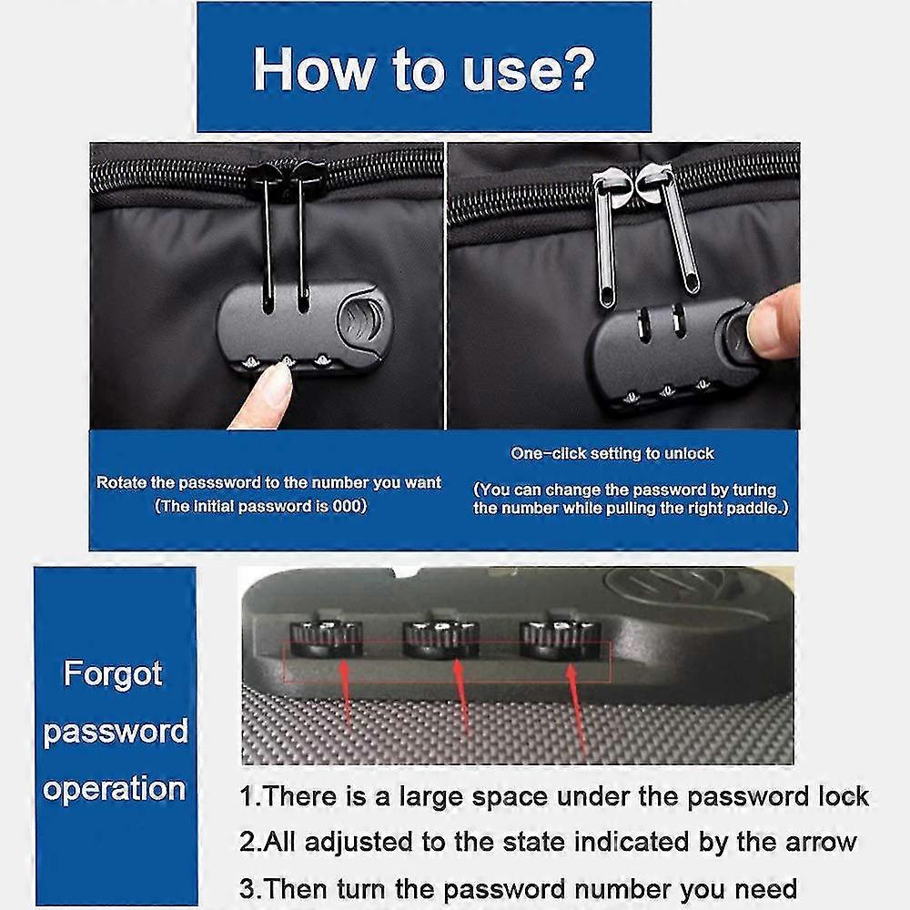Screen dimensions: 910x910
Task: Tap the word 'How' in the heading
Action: pyautogui.click(x=314, y=69)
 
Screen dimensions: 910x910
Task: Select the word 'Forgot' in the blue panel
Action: pyautogui.click(x=113, y=674)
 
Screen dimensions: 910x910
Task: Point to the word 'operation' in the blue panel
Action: pyautogui.click(x=115, y=790)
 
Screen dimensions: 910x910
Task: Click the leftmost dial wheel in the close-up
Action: pyautogui.click(x=326, y=639)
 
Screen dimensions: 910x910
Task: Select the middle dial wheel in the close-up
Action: pyautogui.click(x=441, y=640)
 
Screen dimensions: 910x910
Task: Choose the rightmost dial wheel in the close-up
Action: pyautogui.click(x=557, y=640)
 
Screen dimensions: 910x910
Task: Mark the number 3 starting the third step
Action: pyautogui.click(x=247, y=889)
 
